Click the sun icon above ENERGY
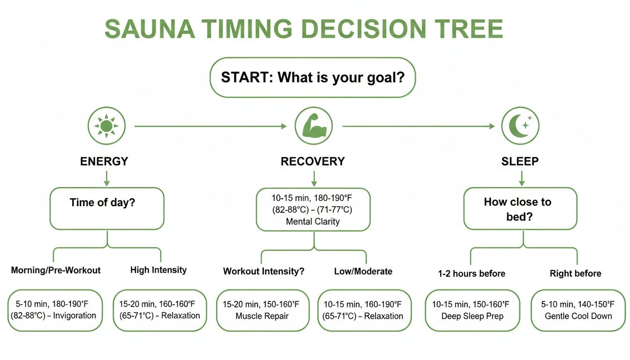(x=106, y=126)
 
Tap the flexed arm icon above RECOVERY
(x=314, y=126)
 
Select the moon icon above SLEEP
(x=520, y=126)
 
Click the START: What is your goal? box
(x=312, y=77)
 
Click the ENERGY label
(x=104, y=162)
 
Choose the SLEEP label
(x=520, y=162)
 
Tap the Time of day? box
(x=107, y=209)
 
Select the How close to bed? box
(x=520, y=209)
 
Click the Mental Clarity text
(x=313, y=222)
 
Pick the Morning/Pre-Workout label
(x=56, y=270)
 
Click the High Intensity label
(x=158, y=270)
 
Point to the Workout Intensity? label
(x=263, y=271)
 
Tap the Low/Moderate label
(x=363, y=271)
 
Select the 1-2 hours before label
(x=472, y=273)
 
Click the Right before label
(x=575, y=273)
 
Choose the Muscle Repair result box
(x=263, y=310)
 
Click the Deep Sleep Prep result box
(x=472, y=310)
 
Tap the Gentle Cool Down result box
(x=578, y=310)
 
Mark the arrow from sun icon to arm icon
(x=210, y=126)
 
